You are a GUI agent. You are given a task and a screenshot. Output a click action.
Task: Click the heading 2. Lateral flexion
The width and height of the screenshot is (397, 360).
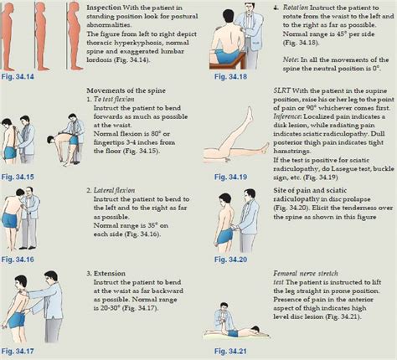click(121, 191)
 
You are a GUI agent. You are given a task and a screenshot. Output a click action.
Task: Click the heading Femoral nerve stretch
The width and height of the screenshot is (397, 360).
click(310, 274)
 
